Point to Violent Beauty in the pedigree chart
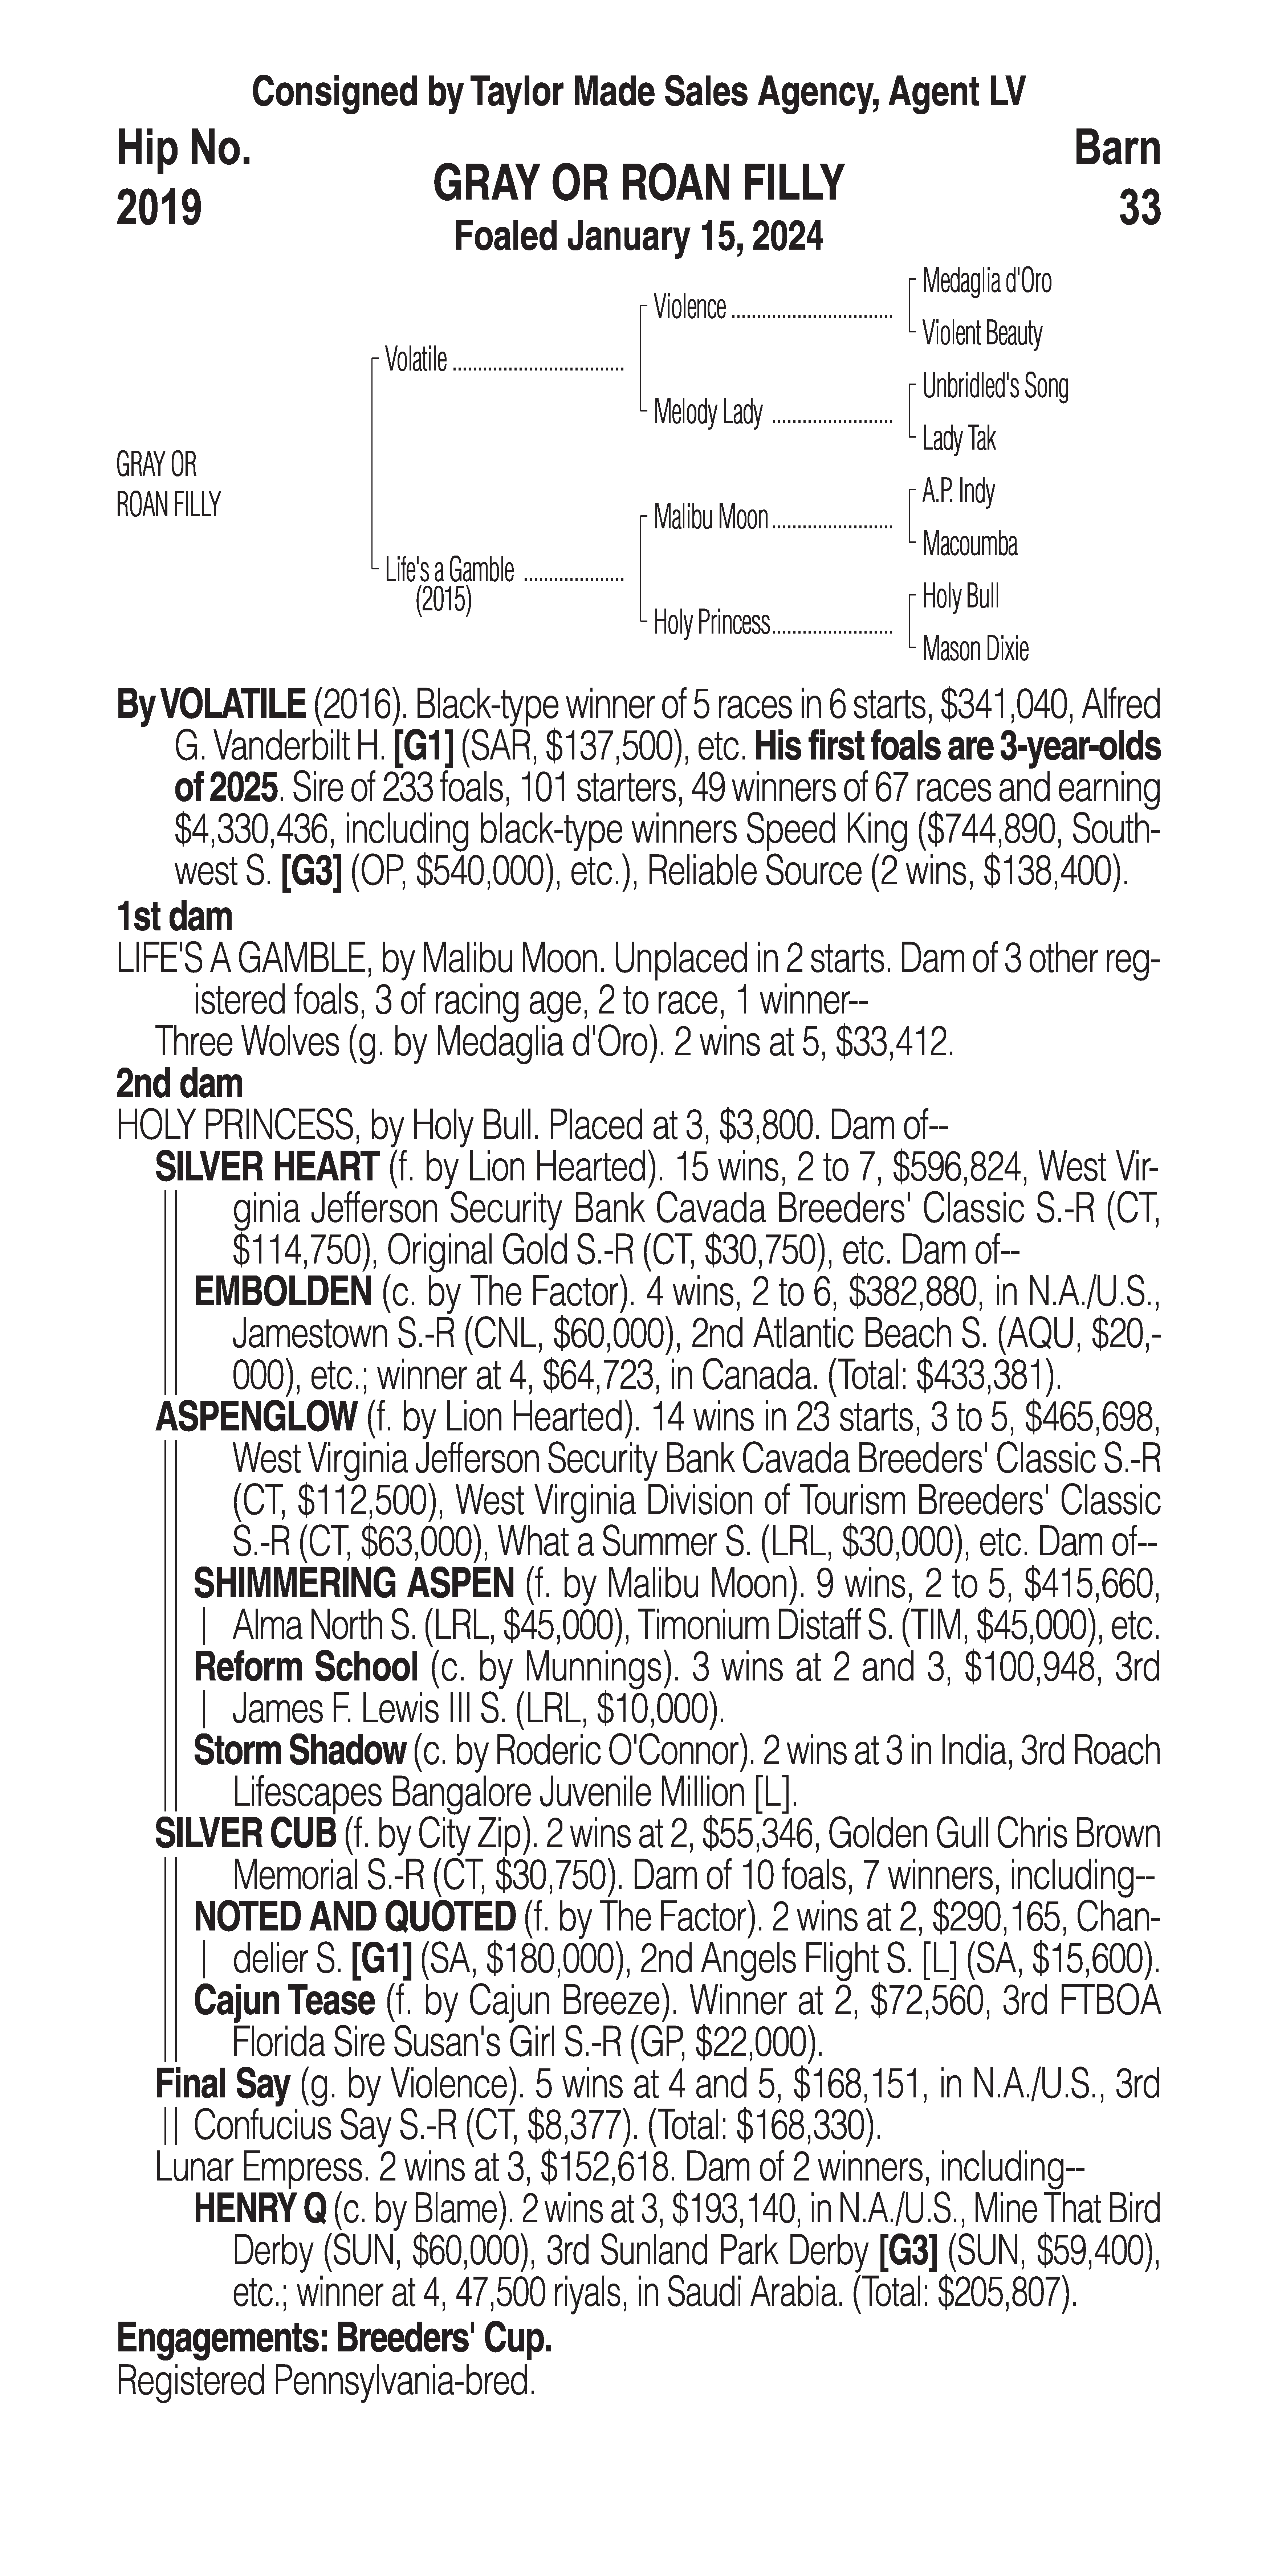click(x=982, y=334)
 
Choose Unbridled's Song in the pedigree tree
click(x=995, y=386)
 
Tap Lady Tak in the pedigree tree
click(x=958, y=439)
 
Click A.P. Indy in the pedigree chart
click(x=958, y=491)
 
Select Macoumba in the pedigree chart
click(x=969, y=544)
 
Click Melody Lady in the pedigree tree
click(x=707, y=412)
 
